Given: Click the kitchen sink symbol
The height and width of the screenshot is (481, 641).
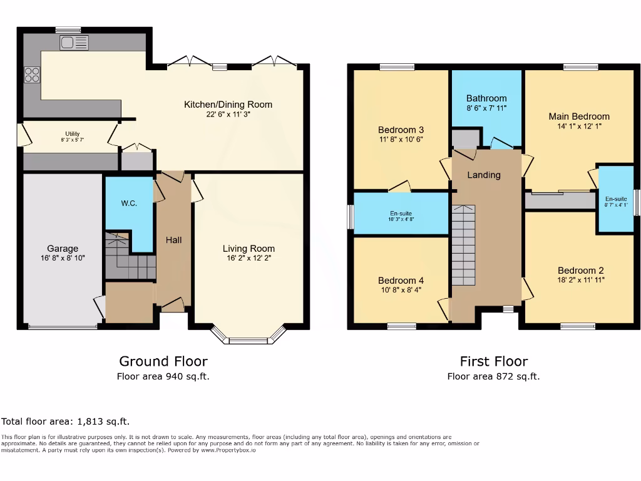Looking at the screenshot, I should [x=74, y=43].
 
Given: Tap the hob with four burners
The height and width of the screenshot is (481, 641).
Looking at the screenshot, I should [x=32, y=75].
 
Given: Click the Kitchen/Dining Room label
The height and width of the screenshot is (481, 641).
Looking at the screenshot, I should [x=228, y=105].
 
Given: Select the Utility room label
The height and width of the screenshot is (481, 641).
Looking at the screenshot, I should [x=73, y=133].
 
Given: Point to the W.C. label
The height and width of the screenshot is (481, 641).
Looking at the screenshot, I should [x=129, y=204].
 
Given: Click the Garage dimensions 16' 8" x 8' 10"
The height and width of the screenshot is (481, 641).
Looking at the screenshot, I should [x=63, y=258].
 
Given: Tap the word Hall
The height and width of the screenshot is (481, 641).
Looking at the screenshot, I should [x=173, y=240].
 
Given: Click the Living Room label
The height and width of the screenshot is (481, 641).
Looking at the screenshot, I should [x=249, y=249].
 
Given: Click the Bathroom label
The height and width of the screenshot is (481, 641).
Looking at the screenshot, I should [x=486, y=98].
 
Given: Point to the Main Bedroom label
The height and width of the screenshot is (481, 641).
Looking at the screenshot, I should [x=578, y=116].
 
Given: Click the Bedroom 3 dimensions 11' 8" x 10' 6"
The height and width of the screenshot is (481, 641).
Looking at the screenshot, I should [x=401, y=139].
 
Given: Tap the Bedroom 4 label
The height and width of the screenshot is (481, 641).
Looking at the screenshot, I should [x=401, y=281].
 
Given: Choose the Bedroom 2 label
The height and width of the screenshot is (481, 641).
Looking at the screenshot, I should [x=580, y=271].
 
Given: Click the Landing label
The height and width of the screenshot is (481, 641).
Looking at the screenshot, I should [x=484, y=175].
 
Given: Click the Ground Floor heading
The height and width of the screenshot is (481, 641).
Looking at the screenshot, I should [x=163, y=361].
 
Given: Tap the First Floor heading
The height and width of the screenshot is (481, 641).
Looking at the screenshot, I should [x=493, y=361].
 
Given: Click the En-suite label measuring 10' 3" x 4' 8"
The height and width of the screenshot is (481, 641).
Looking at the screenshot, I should [x=401, y=213].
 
